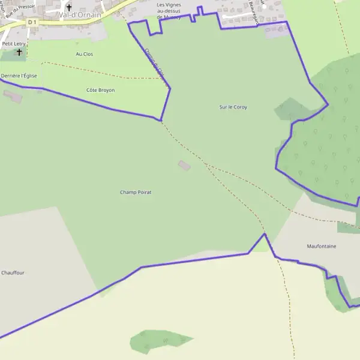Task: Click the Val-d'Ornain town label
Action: coord(80,14)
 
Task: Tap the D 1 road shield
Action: coord(32,22)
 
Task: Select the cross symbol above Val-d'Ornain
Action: coord(69,7)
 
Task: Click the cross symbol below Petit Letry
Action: coord(19,52)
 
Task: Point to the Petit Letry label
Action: coord(14,44)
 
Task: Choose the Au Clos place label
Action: coord(85,54)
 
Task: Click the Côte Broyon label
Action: coord(101,90)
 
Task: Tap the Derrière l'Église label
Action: coord(19,76)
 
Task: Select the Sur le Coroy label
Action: coord(233,107)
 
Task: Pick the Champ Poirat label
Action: coord(136,192)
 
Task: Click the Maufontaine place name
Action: coord(322,246)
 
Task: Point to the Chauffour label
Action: coord(13,272)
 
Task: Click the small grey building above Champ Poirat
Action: coord(185,165)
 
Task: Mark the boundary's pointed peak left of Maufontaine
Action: coord(263,234)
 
